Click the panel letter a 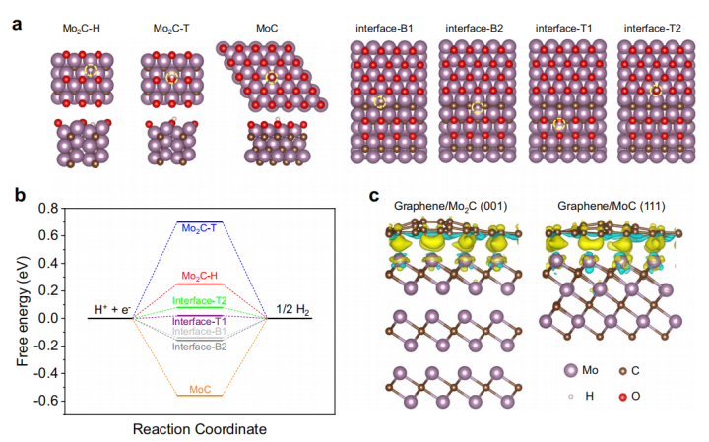coord(16,19)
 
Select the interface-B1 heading coord(385,29)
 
